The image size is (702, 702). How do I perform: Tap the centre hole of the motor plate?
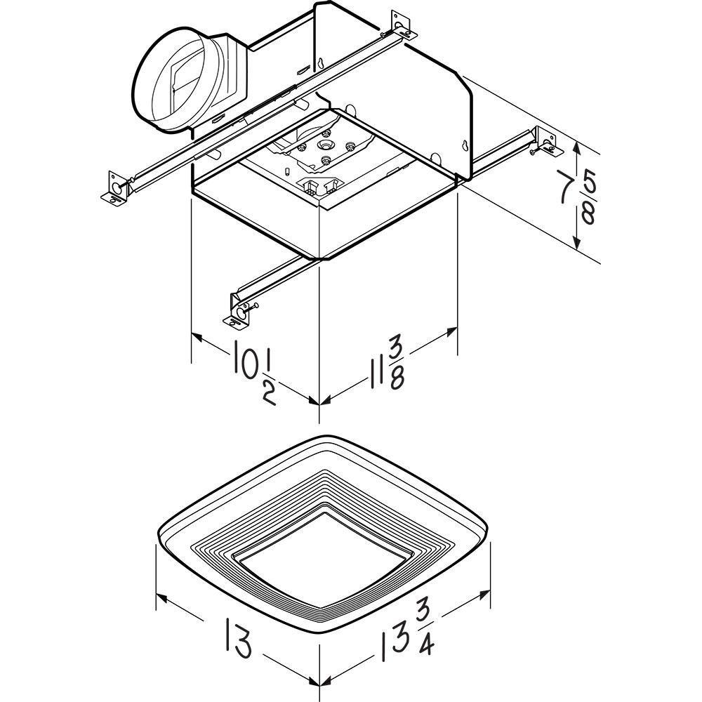coord(325,144)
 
